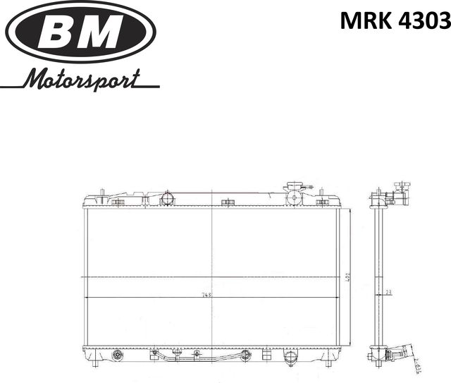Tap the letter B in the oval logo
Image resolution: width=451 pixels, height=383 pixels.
click(x=59, y=32)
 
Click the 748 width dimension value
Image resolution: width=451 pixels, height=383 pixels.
click(x=206, y=295)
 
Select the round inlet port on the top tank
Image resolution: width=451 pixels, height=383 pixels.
click(x=167, y=197)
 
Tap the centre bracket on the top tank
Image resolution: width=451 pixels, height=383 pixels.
click(x=227, y=203)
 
